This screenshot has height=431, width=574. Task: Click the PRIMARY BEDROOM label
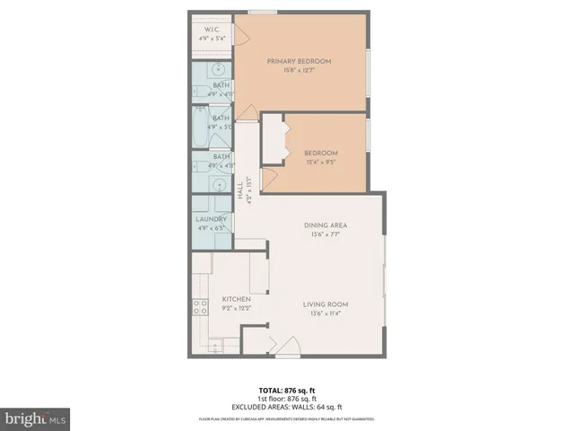299,61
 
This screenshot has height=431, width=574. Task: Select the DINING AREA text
325,224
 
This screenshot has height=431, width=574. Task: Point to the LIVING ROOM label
325,304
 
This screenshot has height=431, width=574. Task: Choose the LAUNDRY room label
212,219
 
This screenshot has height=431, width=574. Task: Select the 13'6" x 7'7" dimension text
325,234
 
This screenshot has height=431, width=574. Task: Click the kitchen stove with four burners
199,308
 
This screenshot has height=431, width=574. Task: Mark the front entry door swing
288,347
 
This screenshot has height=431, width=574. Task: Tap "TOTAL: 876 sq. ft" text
286,390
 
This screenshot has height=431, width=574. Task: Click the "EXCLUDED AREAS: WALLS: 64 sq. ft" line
286,408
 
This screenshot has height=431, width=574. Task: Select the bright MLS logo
35,418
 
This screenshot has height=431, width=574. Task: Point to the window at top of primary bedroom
262,12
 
